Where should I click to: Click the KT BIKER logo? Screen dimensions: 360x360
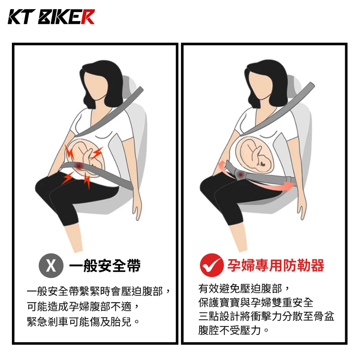(x=51, y=17)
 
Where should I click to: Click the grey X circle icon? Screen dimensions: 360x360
(x=51, y=266)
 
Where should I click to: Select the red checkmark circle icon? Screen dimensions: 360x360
(x=212, y=265)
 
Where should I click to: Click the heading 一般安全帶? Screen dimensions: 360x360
(x=105, y=266)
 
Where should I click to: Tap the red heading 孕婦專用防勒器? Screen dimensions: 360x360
(x=276, y=265)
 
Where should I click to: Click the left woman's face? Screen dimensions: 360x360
(x=95, y=86)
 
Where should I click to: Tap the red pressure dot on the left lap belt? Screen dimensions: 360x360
(x=79, y=166)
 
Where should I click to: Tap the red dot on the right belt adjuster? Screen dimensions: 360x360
(x=240, y=175)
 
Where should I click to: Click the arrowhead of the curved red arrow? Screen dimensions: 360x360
(x=290, y=186)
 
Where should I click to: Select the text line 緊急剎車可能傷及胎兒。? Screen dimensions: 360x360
(x=83, y=322)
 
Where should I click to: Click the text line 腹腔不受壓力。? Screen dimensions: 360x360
(x=233, y=330)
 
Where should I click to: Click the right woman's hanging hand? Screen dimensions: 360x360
(x=302, y=211)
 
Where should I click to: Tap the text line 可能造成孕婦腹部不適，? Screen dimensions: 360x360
(x=83, y=307)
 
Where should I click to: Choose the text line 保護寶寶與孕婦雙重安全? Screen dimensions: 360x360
(x=256, y=302)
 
